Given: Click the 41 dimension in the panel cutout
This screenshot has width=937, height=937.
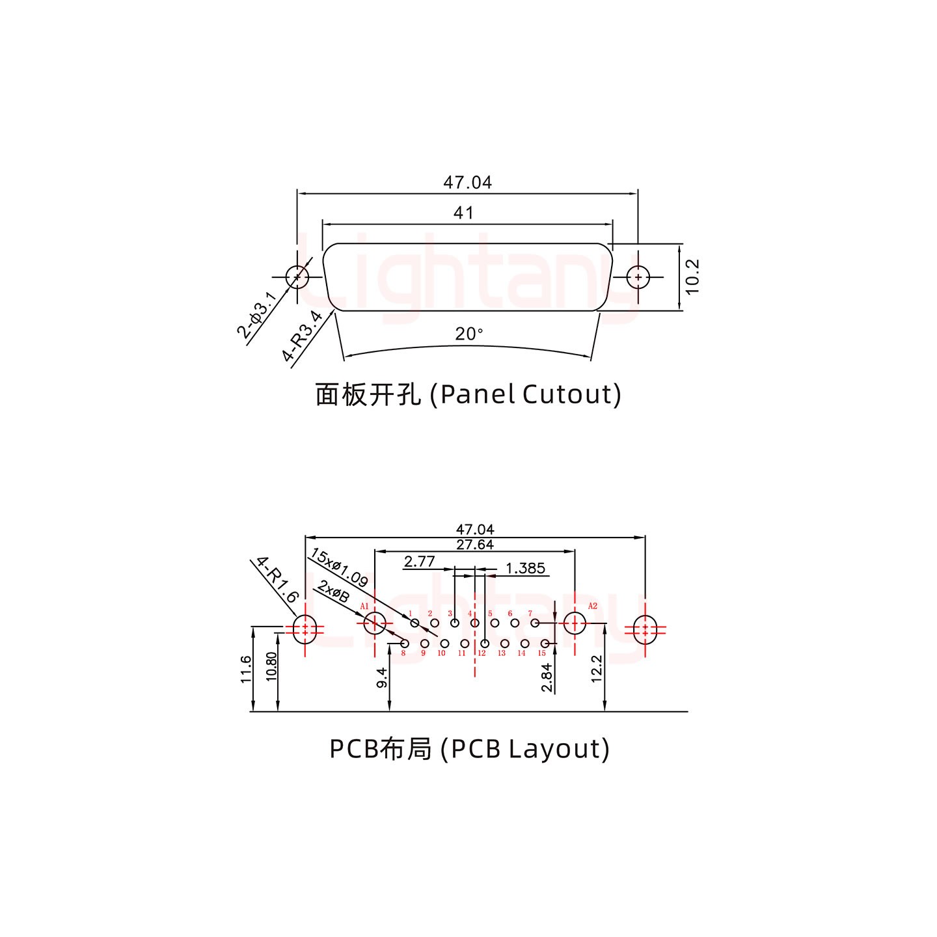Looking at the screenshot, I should (463, 213).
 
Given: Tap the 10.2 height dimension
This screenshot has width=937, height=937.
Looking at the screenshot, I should (692, 277).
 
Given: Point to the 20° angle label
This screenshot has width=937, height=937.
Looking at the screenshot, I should (469, 334).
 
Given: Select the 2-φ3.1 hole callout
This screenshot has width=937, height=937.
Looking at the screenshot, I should (256, 316).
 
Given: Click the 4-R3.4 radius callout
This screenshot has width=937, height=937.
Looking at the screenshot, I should (302, 336).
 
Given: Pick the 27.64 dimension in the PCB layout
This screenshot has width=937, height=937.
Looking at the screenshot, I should (474, 545).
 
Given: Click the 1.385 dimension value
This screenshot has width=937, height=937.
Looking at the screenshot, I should (525, 568).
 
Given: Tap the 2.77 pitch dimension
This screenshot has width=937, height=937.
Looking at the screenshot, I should (419, 561).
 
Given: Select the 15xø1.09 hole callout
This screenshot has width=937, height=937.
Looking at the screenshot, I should (339, 567).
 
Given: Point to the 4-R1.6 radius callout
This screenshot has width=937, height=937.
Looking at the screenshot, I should (277, 579).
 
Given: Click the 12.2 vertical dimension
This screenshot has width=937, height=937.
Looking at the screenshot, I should (597, 669).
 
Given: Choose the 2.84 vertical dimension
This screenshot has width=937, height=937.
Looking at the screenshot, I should (547, 677).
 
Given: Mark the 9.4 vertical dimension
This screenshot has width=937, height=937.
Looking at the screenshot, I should (382, 677).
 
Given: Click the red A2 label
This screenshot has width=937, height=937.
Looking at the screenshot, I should (592, 606).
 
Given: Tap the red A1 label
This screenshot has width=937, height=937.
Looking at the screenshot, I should (364, 606).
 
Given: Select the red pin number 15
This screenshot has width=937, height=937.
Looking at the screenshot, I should (541, 653).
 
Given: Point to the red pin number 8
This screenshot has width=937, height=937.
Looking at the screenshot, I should (403, 653).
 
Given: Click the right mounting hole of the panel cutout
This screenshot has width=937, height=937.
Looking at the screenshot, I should (638, 277).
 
